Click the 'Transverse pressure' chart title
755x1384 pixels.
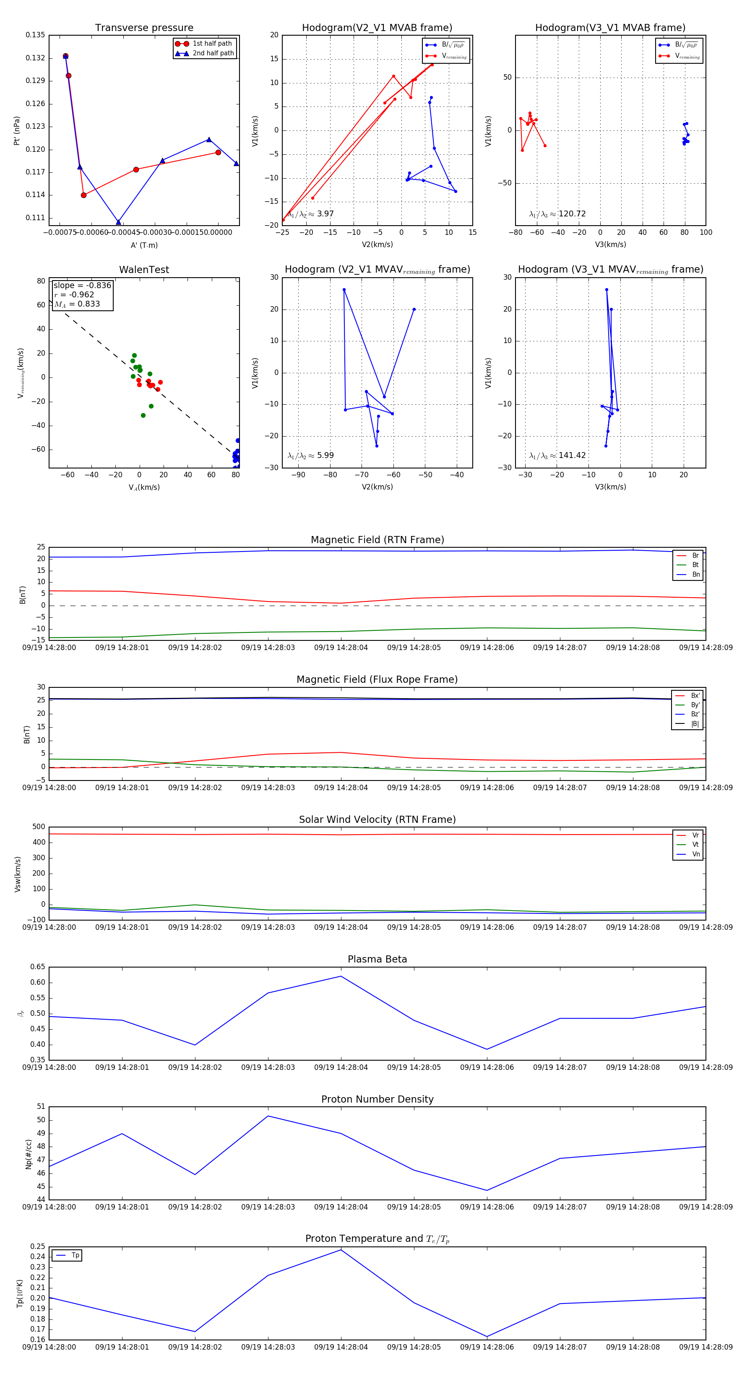click(144, 28)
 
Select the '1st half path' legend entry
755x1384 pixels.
click(212, 44)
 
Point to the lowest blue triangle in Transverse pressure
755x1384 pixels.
click(118, 222)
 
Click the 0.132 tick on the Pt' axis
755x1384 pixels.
click(36, 58)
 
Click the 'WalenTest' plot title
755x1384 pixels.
click(144, 270)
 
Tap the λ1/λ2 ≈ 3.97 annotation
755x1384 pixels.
click(310, 214)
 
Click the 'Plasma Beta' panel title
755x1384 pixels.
click(377, 960)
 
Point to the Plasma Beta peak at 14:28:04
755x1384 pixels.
click(341, 976)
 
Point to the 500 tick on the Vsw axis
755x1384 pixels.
click(39, 827)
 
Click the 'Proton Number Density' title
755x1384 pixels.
click(377, 1099)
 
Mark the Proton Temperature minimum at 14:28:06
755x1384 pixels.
click(487, 1337)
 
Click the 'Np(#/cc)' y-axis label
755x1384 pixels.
click(29, 1154)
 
